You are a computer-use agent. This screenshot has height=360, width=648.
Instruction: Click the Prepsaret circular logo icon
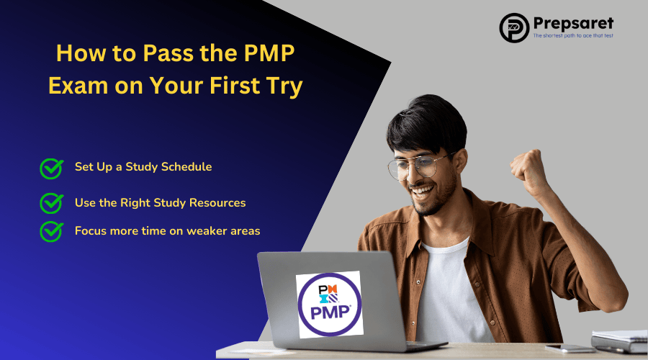click(x=515, y=27)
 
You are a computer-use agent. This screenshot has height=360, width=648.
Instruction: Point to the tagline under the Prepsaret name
click(x=572, y=35)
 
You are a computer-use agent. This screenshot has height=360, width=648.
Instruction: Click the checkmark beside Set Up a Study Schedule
click(x=51, y=168)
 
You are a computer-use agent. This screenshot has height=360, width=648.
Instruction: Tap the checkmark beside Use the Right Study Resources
click(x=51, y=203)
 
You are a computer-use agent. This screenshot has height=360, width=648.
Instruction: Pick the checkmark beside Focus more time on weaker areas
click(x=51, y=231)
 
